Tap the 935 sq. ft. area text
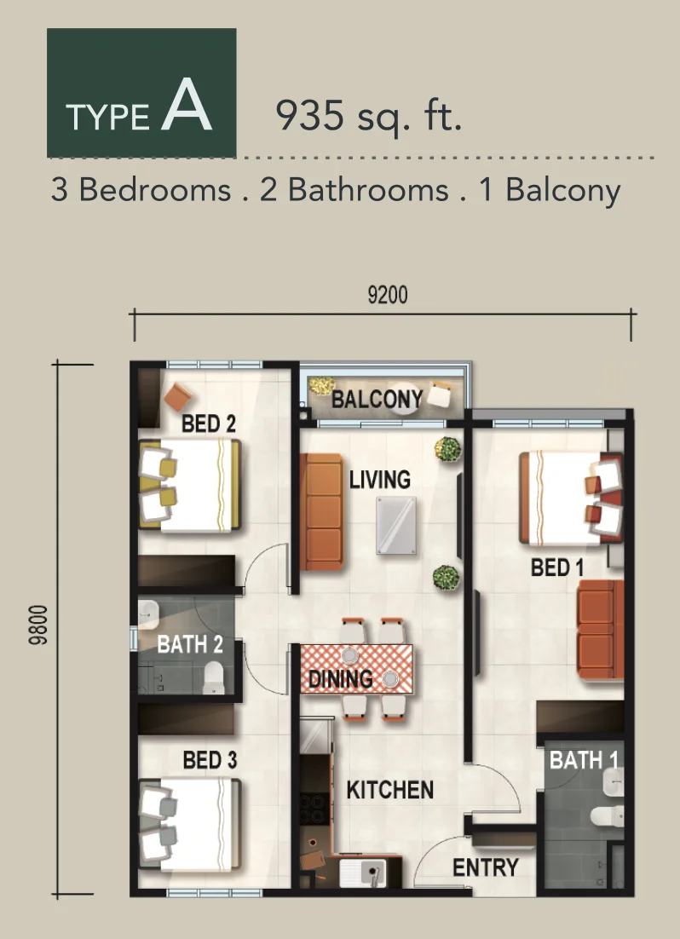368,115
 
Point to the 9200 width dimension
388,295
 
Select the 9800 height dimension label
37,625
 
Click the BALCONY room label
377,400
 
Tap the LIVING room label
380,480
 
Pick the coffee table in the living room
396,525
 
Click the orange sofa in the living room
321,512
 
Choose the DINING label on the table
340,679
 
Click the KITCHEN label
390,790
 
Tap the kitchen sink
362,873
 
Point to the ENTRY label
485,867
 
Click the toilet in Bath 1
607,816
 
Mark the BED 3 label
210,761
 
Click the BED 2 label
209,424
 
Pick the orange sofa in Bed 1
600,630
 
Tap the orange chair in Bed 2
178,396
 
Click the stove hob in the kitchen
314,809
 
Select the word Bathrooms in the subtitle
368,190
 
